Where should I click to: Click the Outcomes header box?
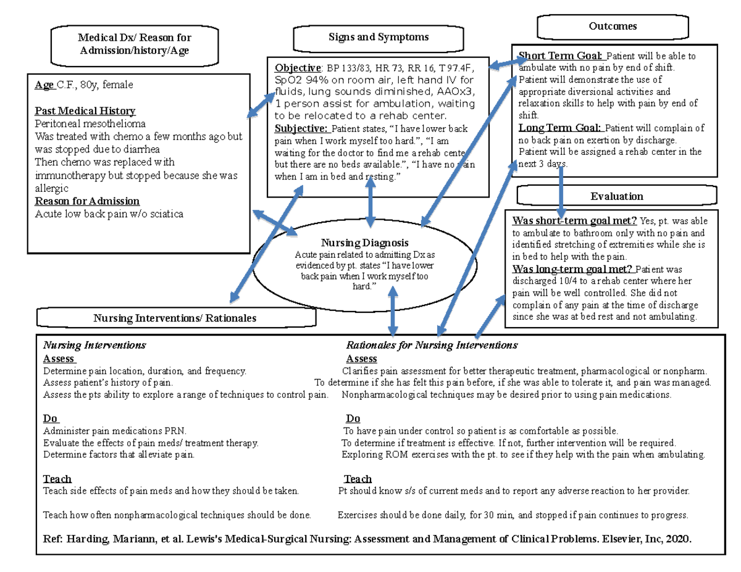(613, 27)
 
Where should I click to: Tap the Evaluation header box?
(616, 196)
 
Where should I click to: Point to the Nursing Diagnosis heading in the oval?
(364, 243)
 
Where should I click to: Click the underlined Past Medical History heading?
(85, 111)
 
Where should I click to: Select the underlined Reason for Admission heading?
(87, 201)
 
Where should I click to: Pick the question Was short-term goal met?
(574, 221)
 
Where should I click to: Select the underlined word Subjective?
(301, 129)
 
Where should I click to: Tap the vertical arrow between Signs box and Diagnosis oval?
(371, 203)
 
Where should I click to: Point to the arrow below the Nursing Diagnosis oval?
(393, 313)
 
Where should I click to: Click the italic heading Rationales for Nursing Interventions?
(431, 345)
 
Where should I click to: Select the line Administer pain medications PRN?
(114, 431)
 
